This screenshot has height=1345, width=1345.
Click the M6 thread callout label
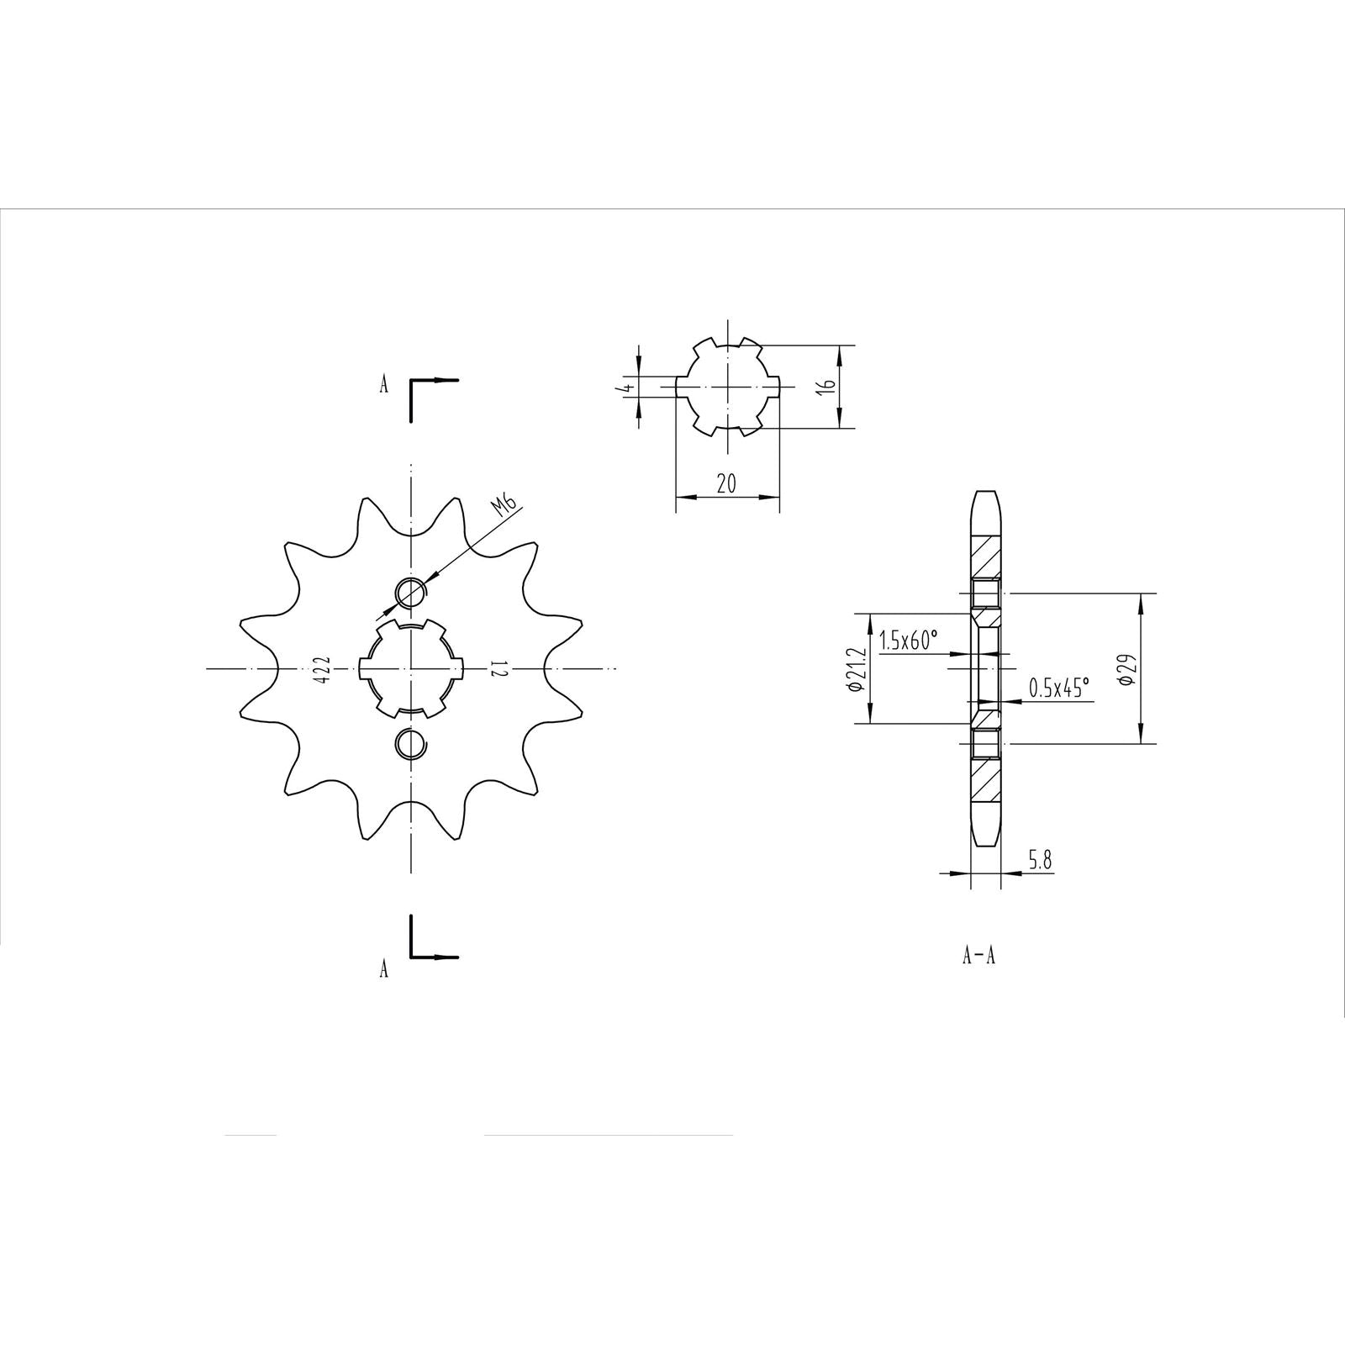pos(505,505)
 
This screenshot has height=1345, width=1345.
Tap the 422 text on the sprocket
pos(324,669)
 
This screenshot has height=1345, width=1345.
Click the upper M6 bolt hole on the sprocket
pos(410,592)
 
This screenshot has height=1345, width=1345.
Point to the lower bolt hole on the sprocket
pos(410,742)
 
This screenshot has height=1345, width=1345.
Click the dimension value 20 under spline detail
pos(727,483)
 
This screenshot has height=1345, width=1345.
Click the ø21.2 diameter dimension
pos(857,668)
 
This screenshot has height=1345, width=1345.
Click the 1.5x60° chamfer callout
pos(908,641)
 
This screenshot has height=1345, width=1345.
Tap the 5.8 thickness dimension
pos(1039,860)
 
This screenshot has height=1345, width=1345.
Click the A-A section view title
pos(978,956)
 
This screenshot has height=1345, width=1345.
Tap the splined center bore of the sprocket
pos(410,669)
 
